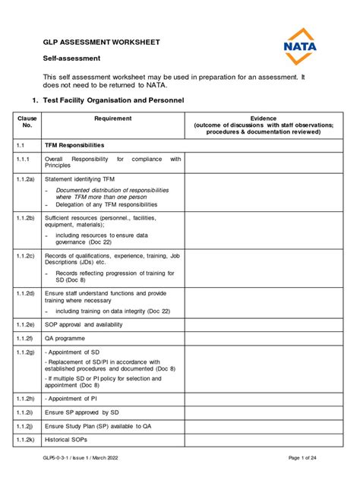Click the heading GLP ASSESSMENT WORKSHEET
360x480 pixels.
click(x=101, y=42)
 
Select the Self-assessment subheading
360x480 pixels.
click(x=71, y=58)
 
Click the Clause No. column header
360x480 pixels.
click(x=27, y=122)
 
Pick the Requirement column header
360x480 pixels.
click(x=112, y=118)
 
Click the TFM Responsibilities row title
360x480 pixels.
click(x=79, y=144)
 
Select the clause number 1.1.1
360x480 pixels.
click(x=24, y=159)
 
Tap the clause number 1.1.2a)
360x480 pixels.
click(x=27, y=178)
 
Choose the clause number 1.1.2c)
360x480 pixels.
click(x=27, y=256)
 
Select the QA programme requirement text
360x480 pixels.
click(x=65, y=338)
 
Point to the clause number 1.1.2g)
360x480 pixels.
click(x=27, y=353)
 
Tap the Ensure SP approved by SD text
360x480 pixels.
click(x=82, y=412)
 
